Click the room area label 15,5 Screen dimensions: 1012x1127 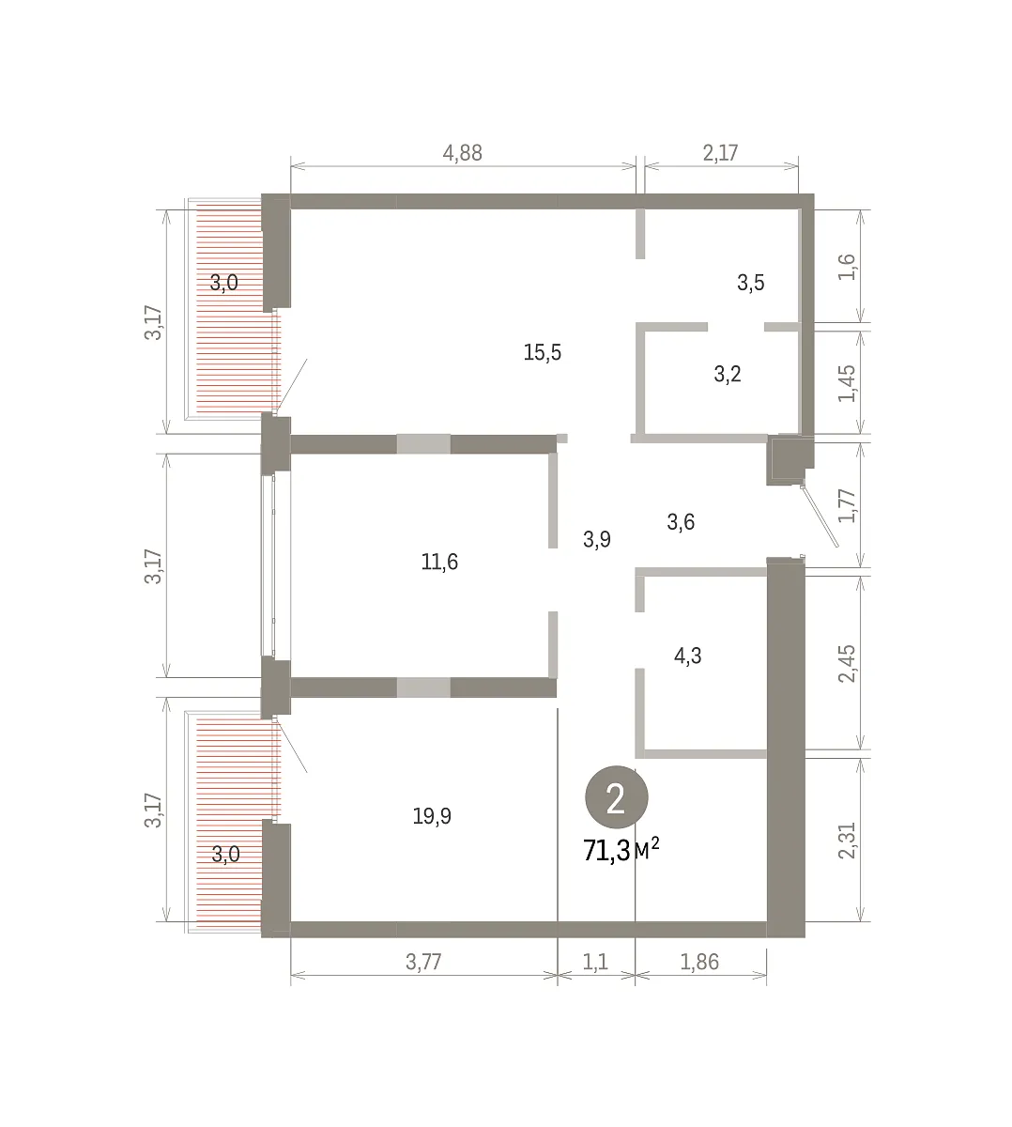click(543, 353)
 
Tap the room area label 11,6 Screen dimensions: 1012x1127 click(439, 562)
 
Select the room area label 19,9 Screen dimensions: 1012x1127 click(432, 816)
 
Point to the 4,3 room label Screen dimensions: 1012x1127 click(688, 656)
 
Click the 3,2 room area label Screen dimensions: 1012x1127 click(728, 374)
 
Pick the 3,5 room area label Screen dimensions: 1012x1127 click(751, 283)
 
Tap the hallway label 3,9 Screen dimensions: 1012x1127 click(597, 539)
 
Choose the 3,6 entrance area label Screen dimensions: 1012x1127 click(681, 522)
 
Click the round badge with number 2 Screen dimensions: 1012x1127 click(616, 797)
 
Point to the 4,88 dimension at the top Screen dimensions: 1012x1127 click(462, 153)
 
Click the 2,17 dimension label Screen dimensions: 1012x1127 click(720, 153)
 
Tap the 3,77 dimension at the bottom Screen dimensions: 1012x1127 click(423, 962)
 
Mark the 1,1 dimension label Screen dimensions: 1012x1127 click(595, 962)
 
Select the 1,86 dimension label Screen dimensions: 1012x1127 click(699, 962)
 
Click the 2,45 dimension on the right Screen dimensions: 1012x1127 click(847, 663)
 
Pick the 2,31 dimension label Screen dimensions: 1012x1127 click(847, 841)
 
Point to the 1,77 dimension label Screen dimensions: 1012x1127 click(847, 505)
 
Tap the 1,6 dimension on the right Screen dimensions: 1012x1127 click(847, 267)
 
